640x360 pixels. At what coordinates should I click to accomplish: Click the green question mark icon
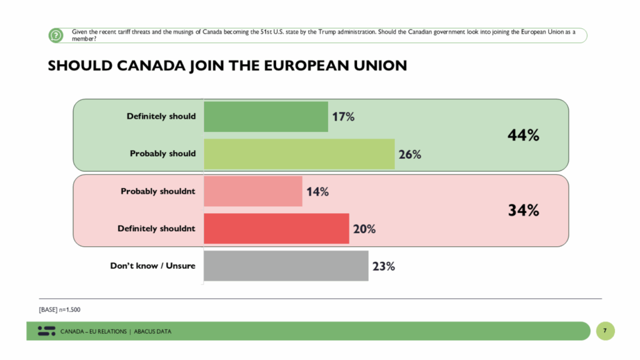point(56,36)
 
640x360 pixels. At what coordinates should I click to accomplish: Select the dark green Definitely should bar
point(266,116)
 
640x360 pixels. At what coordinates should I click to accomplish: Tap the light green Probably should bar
point(299,154)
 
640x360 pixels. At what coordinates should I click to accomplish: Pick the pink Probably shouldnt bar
point(253,191)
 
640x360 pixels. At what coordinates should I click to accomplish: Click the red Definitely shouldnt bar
point(276,229)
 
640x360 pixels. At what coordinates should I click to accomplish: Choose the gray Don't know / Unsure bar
point(286,266)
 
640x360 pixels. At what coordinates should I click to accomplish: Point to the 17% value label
point(344,116)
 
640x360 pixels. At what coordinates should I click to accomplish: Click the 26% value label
point(410,154)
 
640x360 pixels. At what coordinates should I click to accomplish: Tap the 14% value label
point(317,191)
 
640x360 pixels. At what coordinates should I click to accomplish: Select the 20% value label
point(364,229)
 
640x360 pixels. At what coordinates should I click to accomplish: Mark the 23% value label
point(383,266)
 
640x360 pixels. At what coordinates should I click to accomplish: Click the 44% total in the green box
point(523,135)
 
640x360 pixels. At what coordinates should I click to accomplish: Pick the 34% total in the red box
point(523,210)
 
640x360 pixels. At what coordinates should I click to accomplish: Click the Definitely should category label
point(161,116)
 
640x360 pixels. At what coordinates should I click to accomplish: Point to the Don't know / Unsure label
point(152,266)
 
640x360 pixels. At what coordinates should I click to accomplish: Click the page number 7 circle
point(605,331)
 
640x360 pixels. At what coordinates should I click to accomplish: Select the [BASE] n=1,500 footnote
point(59,309)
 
